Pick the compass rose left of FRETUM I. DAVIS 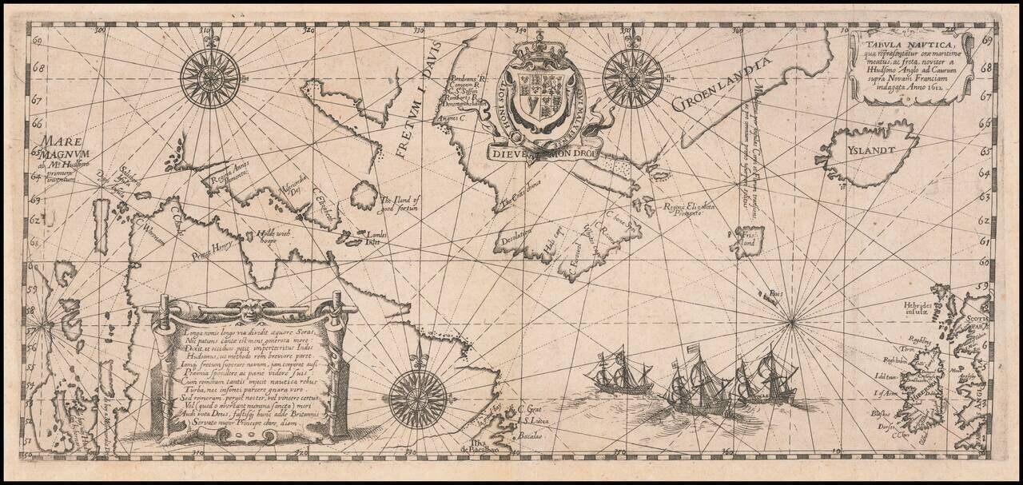[x=210, y=78]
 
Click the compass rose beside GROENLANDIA [x=633, y=78]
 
